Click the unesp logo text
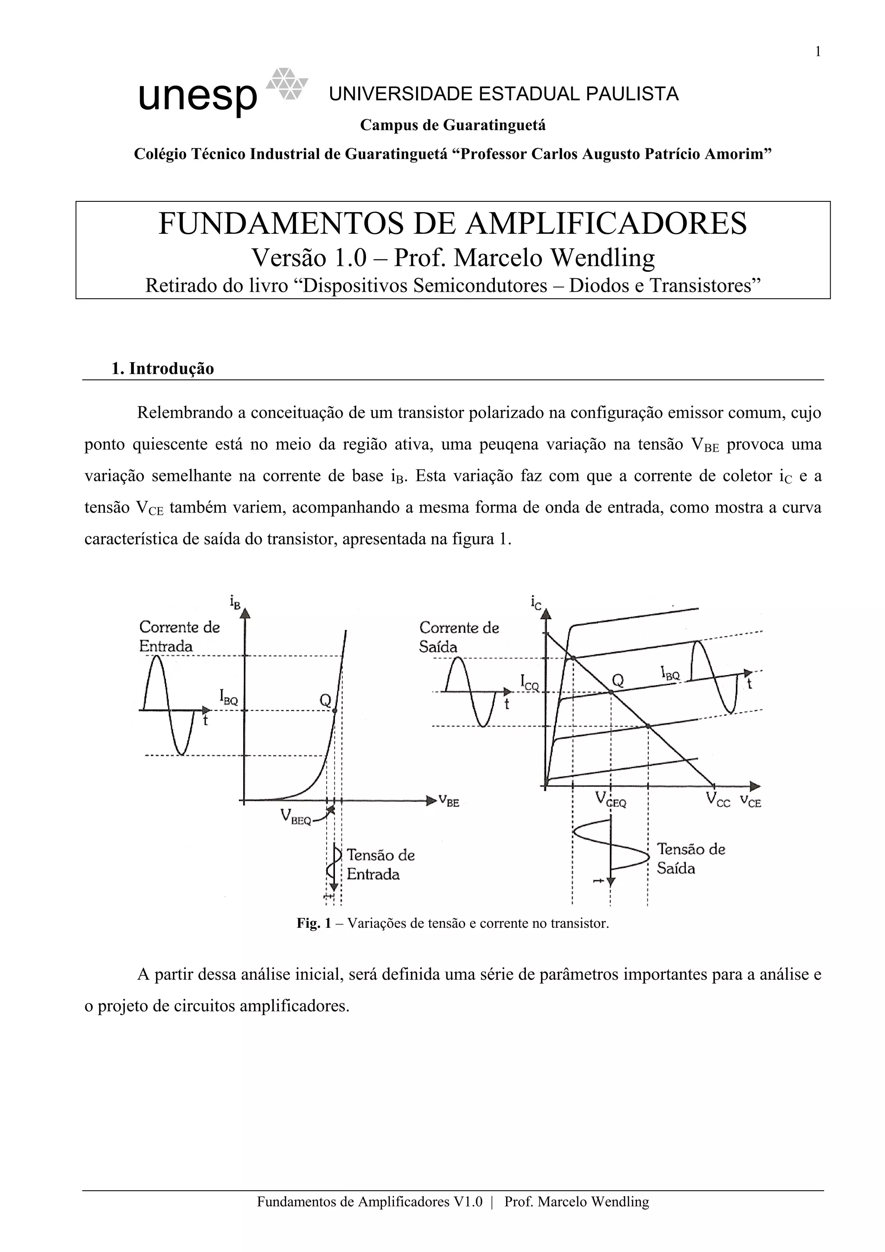[197, 98]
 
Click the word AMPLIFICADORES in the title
[606, 223]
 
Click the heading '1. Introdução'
[162, 369]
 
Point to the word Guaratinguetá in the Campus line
[494, 125]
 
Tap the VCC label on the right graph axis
[718, 800]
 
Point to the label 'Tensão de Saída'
[691, 858]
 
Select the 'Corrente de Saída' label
[459, 637]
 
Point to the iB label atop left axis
[235, 602]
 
